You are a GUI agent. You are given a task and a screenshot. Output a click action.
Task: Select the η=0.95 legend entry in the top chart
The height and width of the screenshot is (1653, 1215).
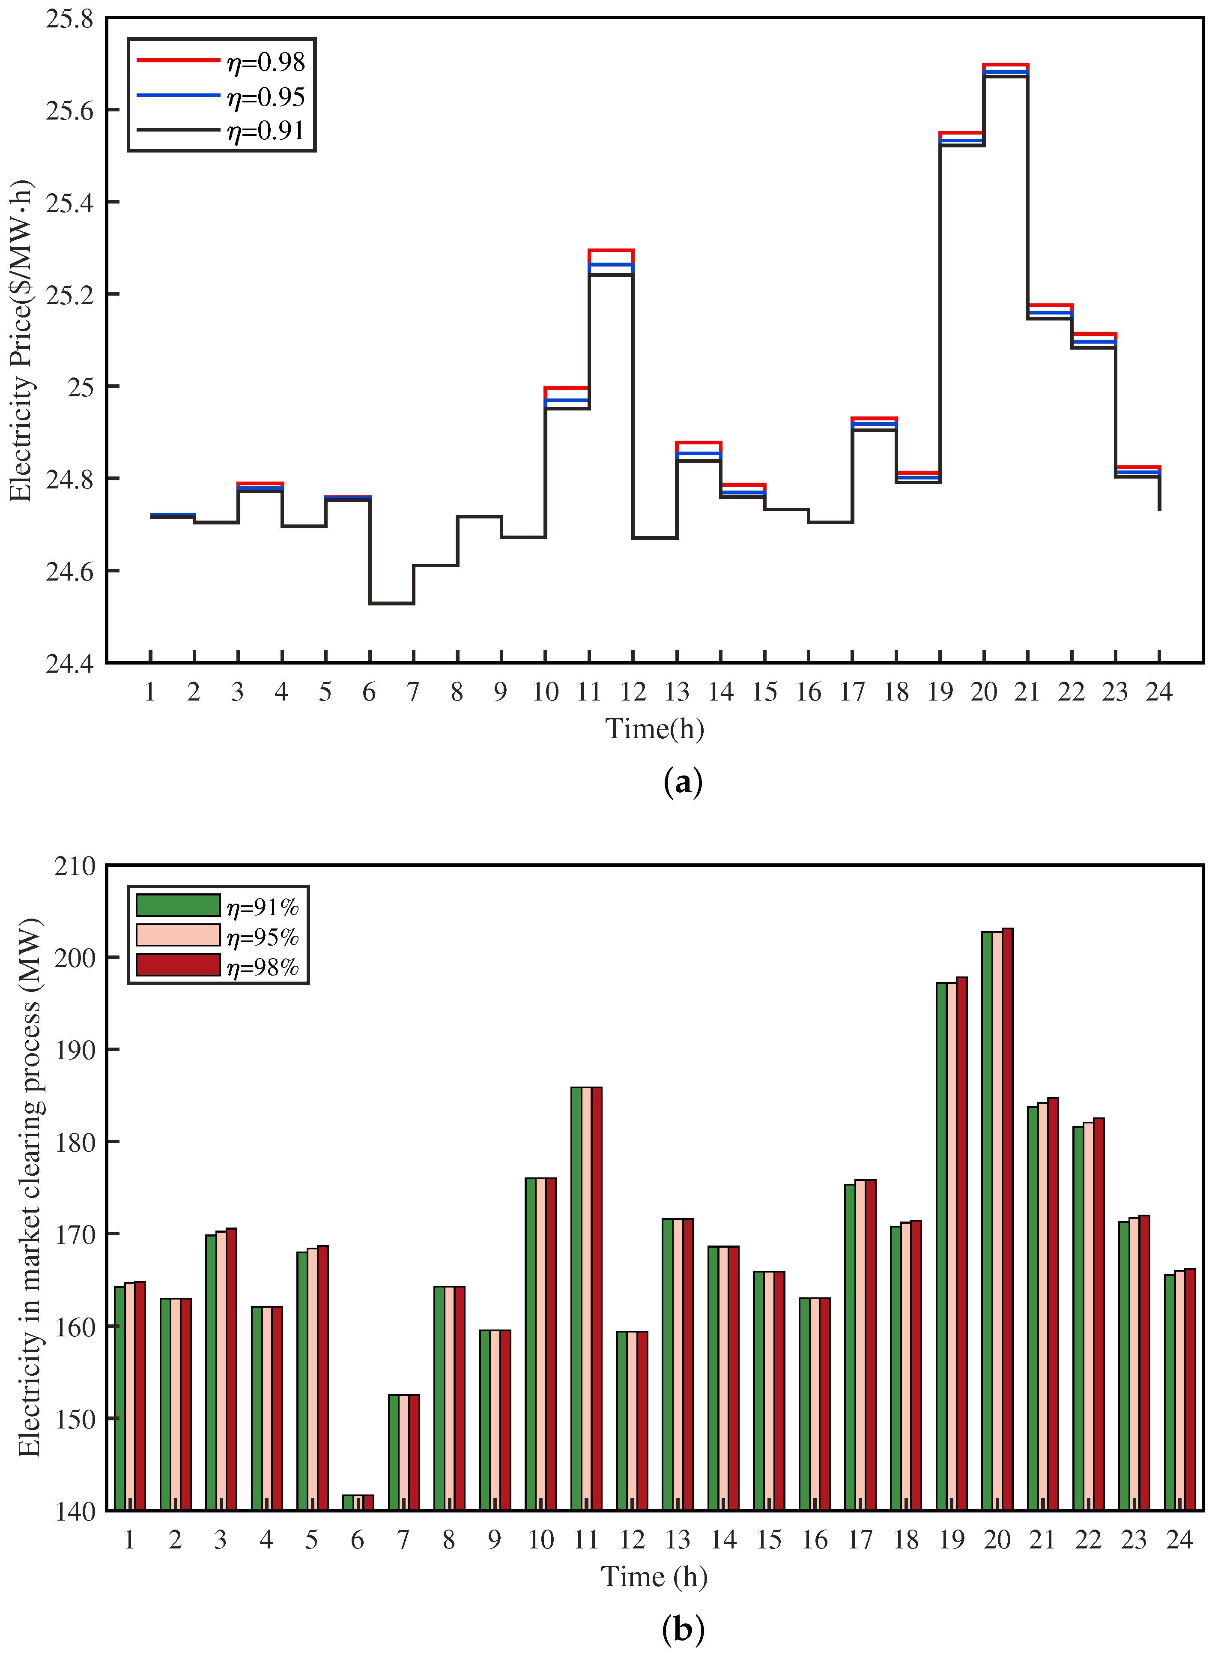(x=221, y=96)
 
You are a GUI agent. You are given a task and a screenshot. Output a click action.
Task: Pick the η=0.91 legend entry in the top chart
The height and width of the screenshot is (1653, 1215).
(x=221, y=130)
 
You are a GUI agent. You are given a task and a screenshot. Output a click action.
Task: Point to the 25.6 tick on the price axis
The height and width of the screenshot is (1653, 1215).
(x=70, y=111)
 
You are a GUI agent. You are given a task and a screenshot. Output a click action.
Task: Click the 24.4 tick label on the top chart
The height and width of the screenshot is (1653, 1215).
(x=70, y=664)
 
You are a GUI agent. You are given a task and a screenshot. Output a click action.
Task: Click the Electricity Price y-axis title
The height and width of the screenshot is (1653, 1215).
(x=22, y=341)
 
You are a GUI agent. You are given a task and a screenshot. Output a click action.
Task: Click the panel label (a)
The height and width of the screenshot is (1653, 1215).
(x=683, y=781)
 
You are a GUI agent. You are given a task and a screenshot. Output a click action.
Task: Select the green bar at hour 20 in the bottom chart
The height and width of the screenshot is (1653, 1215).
(x=987, y=1221)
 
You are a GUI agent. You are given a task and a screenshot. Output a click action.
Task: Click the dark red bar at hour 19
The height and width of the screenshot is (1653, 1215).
(x=962, y=1243)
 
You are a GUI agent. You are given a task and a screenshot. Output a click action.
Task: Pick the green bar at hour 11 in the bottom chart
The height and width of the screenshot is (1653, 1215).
(x=576, y=1298)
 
